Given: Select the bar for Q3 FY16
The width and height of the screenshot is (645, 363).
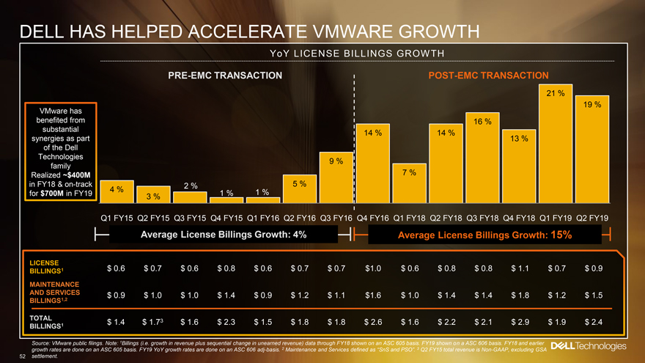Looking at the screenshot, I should tap(335, 184).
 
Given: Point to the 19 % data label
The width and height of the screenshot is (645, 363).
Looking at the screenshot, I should tap(592, 105).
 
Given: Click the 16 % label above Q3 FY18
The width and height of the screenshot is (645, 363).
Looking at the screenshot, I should tap(482, 120).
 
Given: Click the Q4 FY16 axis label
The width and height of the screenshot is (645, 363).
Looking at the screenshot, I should tap(372, 218).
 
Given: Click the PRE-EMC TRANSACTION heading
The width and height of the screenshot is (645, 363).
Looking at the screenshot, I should tap(224, 76).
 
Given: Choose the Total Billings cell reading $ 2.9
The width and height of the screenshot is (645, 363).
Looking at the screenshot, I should tap(518, 322).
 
